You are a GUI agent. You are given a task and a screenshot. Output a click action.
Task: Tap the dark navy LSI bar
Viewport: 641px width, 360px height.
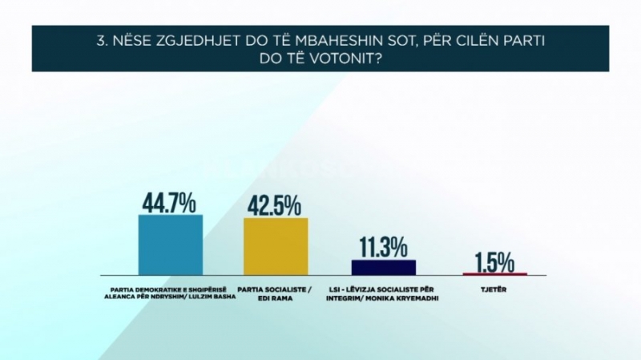click(384, 267)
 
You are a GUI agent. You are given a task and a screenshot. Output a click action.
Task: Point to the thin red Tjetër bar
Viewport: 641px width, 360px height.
click(495, 274)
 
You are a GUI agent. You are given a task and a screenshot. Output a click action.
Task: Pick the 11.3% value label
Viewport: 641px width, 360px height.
click(383, 248)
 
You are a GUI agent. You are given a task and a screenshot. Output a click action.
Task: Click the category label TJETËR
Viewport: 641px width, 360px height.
click(494, 289)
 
